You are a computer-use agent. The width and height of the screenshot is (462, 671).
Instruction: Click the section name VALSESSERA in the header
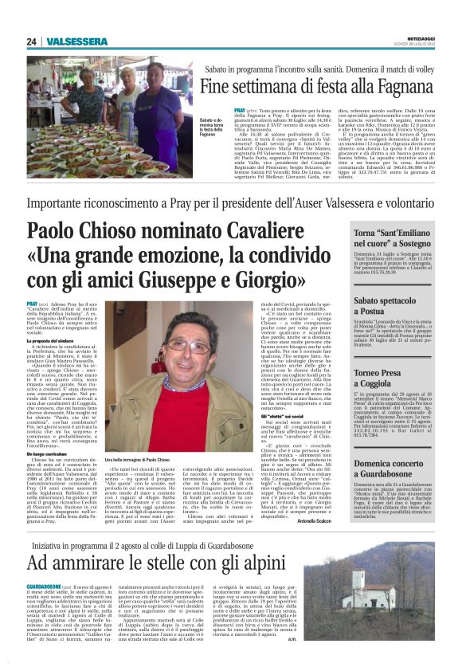(x=71, y=41)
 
